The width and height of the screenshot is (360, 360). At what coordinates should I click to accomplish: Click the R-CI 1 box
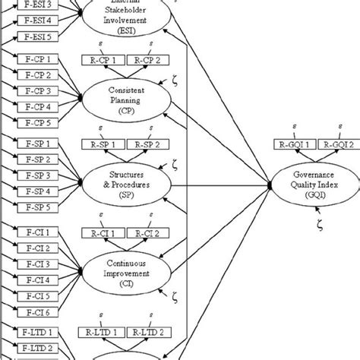tap(103, 233)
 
